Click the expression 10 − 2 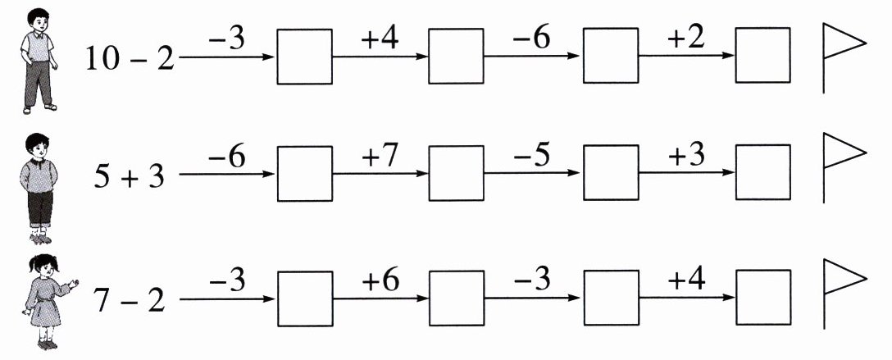[x=130, y=59]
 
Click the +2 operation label [x=686, y=40]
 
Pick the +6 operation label [x=379, y=281]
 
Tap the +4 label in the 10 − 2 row [x=379, y=40]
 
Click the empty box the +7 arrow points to [x=457, y=173]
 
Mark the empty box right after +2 [x=762, y=56]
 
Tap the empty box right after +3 [x=762, y=173]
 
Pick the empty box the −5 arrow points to [x=611, y=173]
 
